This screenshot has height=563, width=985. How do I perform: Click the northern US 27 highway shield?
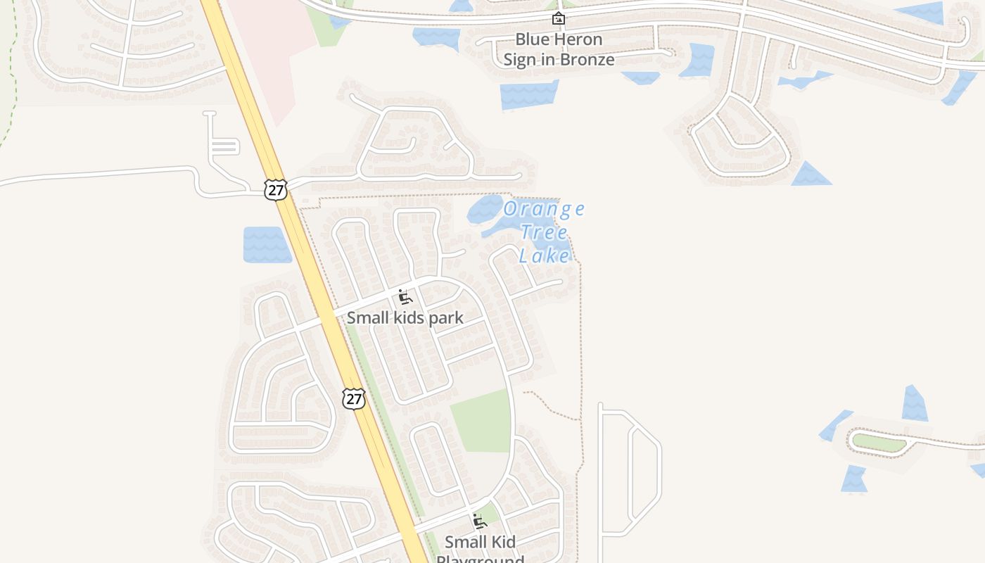pyautogui.click(x=276, y=189)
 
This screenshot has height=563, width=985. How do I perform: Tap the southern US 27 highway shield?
pyautogui.click(x=354, y=399)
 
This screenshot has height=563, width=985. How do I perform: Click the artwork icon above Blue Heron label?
pyautogui.click(x=559, y=18)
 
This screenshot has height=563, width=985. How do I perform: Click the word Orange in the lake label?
pyautogui.click(x=544, y=209)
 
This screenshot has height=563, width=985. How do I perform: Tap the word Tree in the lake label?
pyautogui.click(x=544, y=232)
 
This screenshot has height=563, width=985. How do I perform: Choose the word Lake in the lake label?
pyautogui.click(x=544, y=255)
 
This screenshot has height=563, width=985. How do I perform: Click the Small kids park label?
pyautogui.click(x=405, y=318)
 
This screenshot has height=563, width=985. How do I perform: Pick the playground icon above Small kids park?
pyautogui.click(x=405, y=297)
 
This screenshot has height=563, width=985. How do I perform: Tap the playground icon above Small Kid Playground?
pyautogui.click(x=480, y=521)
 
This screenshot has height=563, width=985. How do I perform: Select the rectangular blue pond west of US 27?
pyautogui.click(x=267, y=245)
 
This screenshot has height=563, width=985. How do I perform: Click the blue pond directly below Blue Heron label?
pyautogui.click(x=529, y=95)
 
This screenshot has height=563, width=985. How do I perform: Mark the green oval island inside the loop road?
pyautogui.click(x=877, y=442)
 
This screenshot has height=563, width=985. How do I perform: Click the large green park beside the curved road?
pyautogui.click(x=482, y=421)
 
